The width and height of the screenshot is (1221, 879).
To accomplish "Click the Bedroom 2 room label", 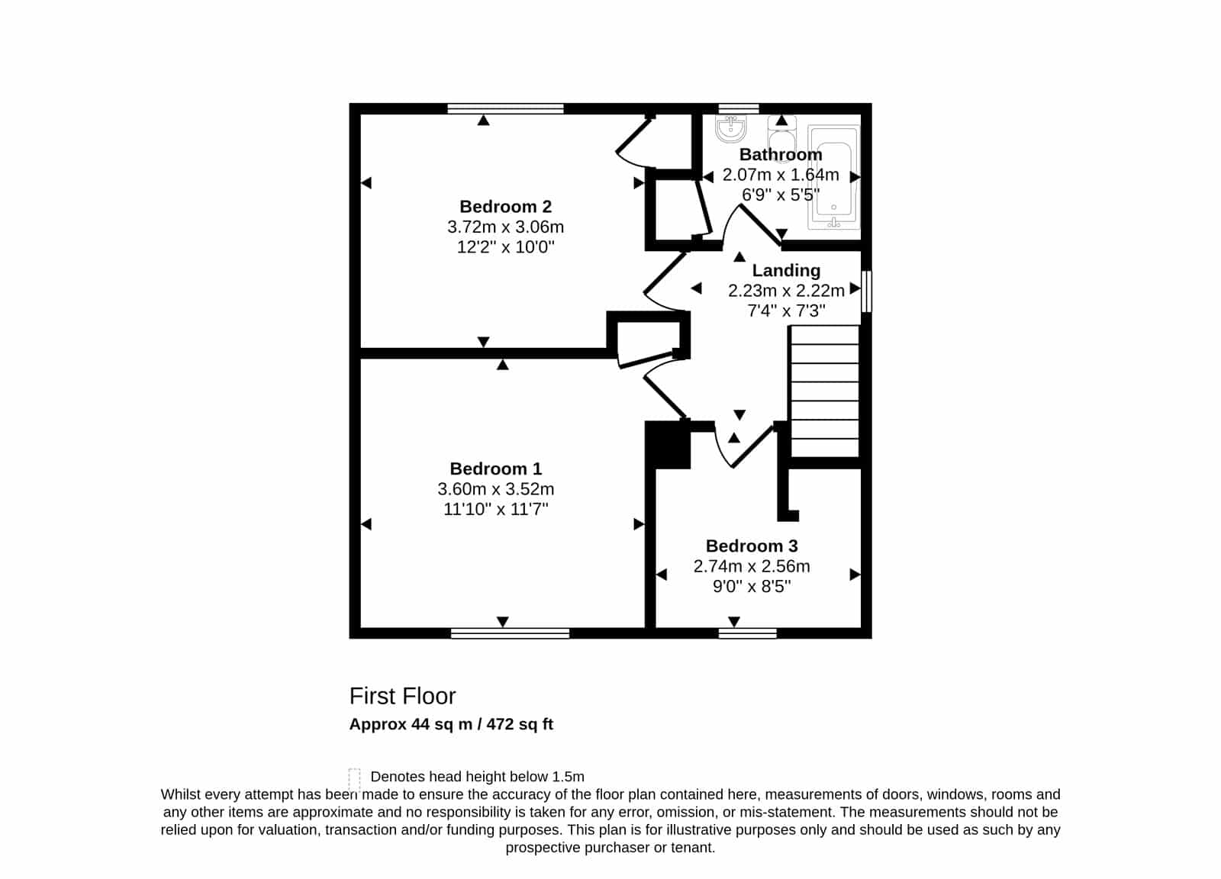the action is (x=505, y=207).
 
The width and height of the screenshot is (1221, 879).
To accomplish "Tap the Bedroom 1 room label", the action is (x=495, y=468).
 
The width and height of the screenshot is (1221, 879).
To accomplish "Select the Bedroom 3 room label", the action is (x=752, y=546).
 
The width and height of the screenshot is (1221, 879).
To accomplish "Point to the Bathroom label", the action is (x=781, y=154).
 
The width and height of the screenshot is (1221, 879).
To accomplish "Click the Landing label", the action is (x=786, y=270).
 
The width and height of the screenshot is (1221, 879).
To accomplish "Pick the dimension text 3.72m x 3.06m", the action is (x=505, y=227).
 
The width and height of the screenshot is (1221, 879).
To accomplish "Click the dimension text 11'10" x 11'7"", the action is (x=495, y=509).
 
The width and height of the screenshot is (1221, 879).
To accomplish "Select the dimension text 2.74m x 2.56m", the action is (x=752, y=566).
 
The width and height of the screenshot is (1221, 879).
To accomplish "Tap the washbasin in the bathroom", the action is (x=730, y=129).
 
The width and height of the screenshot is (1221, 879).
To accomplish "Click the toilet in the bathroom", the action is (x=781, y=139).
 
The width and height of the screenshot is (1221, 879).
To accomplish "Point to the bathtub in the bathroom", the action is (x=833, y=177).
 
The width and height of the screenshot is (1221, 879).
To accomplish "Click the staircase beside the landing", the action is (x=824, y=391).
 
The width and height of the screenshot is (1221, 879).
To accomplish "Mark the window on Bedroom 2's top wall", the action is (x=505, y=108).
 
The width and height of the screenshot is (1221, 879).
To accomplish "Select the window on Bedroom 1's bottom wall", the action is (x=511, y=633).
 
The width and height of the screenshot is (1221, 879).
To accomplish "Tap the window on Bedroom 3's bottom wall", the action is (x=747, y=633).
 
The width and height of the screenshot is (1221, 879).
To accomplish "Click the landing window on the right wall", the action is (x=866, y=291).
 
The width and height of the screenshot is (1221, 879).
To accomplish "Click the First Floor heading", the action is (x=402, y=696).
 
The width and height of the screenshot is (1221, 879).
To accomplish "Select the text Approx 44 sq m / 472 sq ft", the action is (x=451, y=724).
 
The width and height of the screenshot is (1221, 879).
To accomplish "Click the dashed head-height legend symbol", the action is (x=354, y=779).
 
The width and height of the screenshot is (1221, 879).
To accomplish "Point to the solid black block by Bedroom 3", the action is (x=668, y=445).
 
